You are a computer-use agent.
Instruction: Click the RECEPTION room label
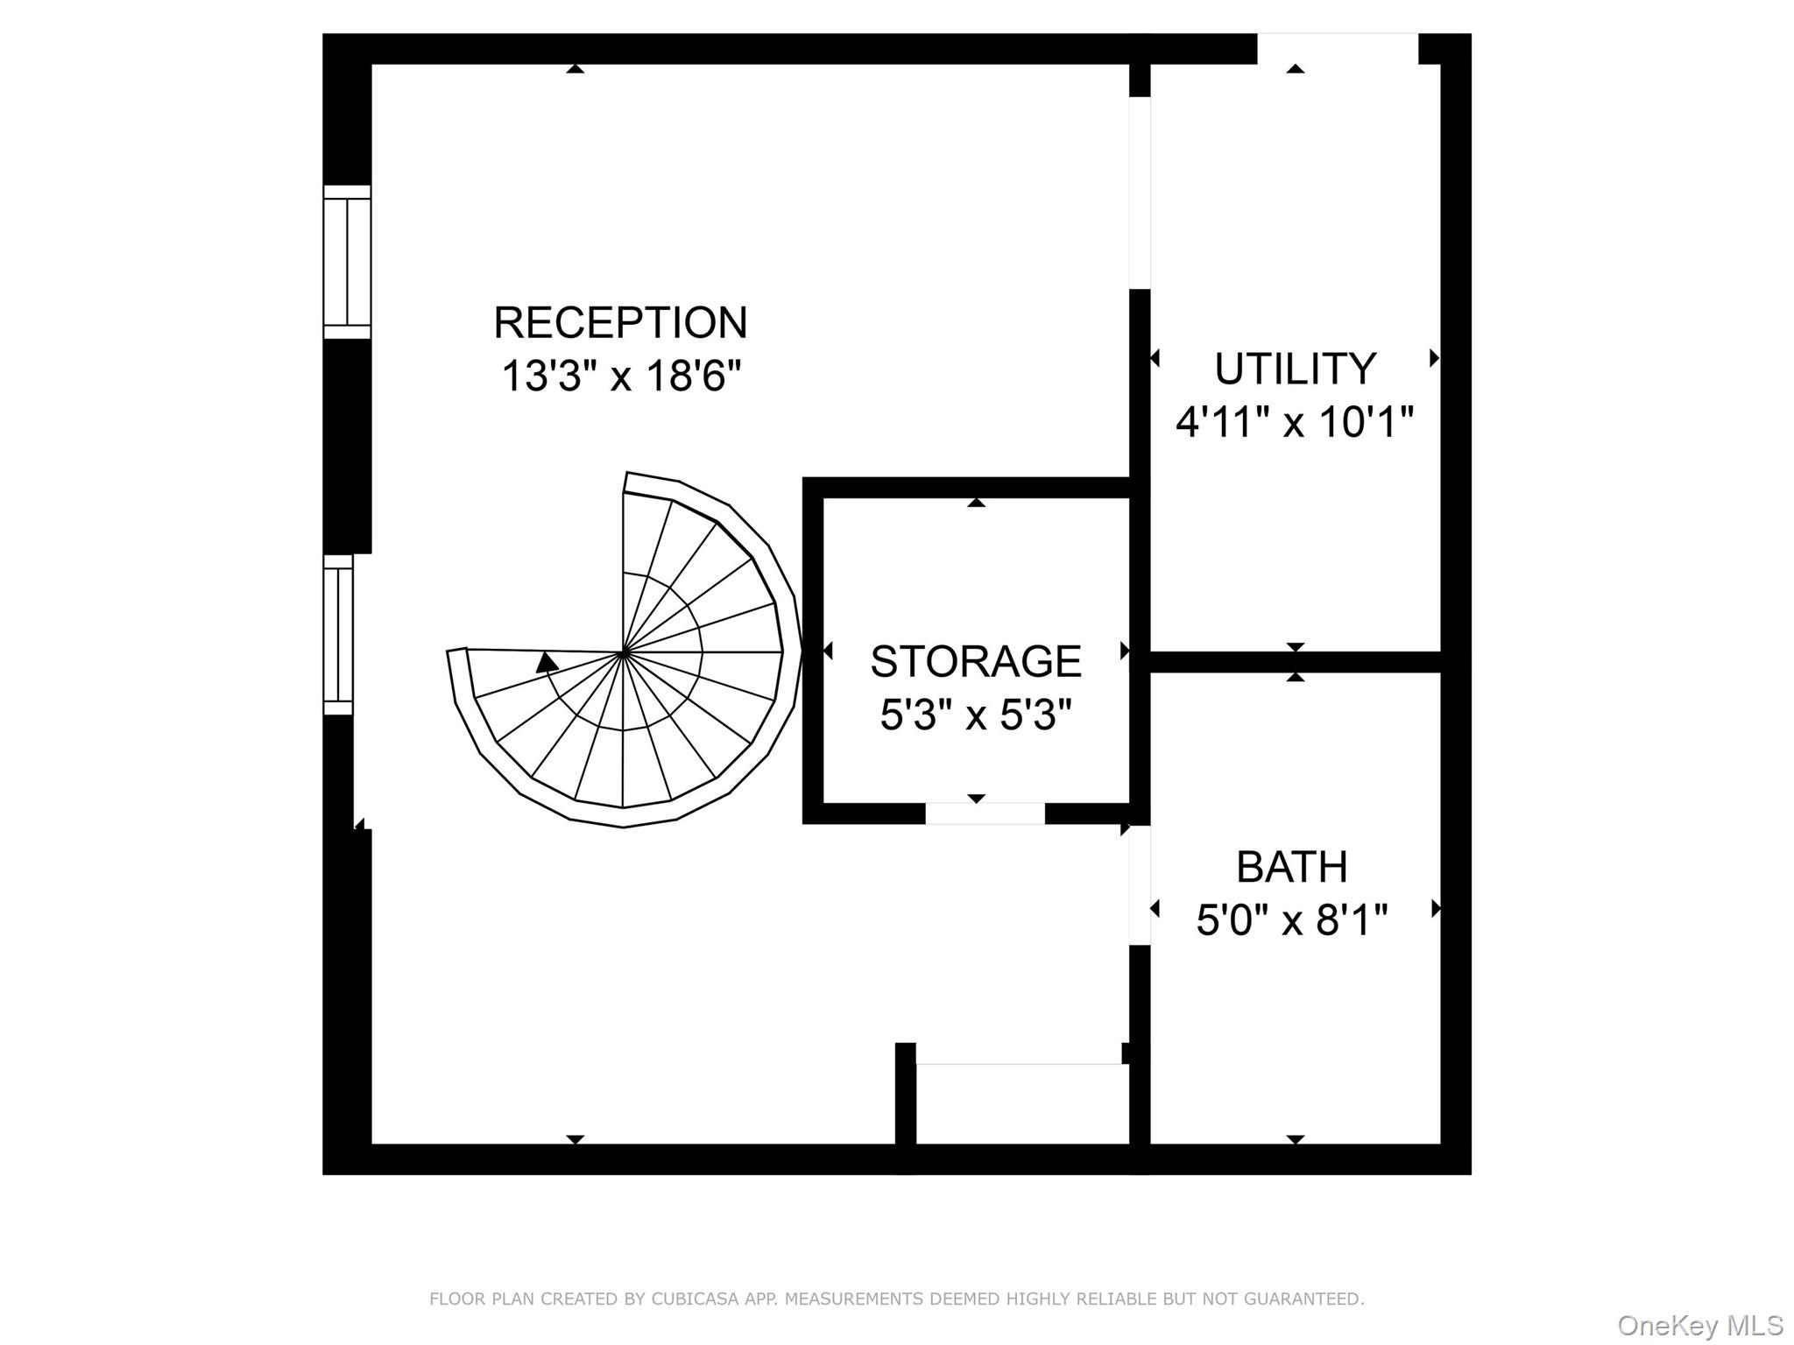[620, 322]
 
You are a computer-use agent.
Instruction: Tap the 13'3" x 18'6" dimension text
[621, 377]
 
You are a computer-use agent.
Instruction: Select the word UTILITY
[1295, 369]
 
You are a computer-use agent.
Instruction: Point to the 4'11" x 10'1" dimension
[1295, 422]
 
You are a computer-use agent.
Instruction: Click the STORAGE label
[976, 661]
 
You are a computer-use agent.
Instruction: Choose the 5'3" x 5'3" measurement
[976, 715]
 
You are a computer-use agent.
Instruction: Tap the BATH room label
[1292, 867]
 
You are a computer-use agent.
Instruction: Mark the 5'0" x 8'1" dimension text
[1292, 920]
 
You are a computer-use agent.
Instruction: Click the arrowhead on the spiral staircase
[547, 662]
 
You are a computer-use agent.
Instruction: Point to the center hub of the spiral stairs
[623, 652]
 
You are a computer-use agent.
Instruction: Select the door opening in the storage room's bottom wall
[985, 813]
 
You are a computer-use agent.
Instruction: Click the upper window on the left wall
[347, 262]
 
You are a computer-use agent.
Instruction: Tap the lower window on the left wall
[338, 635]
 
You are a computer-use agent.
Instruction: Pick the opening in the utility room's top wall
[1338, 48]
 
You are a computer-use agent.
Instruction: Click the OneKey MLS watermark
[1700, 1326]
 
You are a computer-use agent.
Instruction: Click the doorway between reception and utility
[1140, 193]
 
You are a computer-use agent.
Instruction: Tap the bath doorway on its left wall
[1140, 885]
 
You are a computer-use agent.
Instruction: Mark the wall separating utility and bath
[1296, 662]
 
